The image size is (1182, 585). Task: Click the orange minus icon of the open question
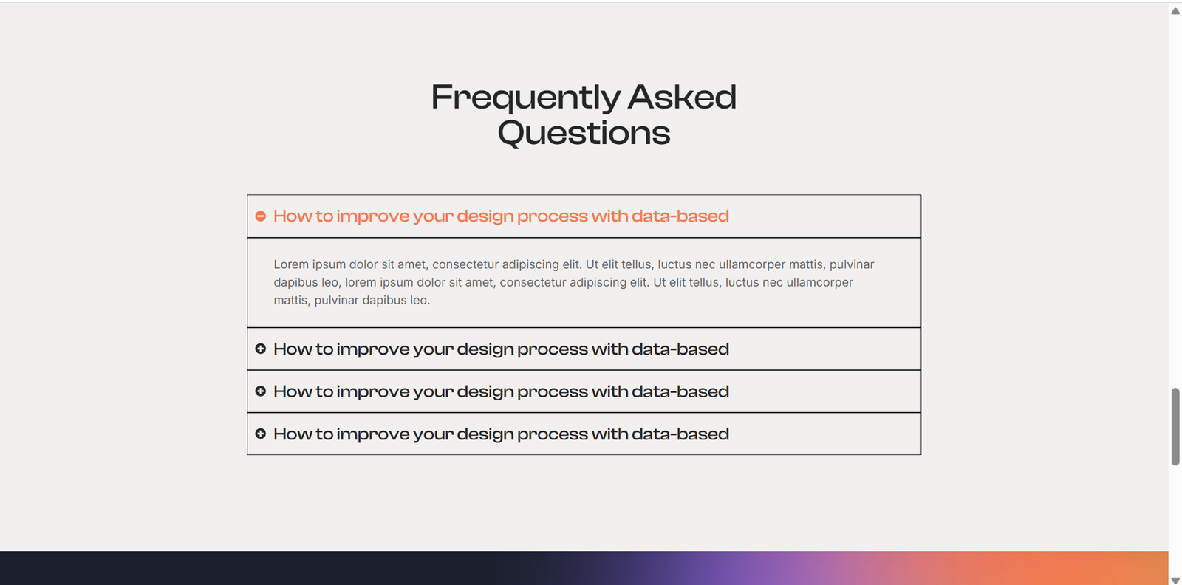click(x=260, y=216)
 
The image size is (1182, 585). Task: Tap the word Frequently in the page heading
click(x=525, y=98)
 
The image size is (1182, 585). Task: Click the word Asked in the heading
click(x=682, y=97)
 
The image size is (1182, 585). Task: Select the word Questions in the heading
click(x=584, y=132)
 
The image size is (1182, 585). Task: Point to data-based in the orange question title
click(x=680, y=216)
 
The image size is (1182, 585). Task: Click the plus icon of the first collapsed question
click(x=260, y=349)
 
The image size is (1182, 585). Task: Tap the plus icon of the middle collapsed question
click(x=260, y=391)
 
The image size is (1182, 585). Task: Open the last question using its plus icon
click(x=260, y=434)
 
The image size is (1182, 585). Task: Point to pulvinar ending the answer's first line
click(x=852, y=265)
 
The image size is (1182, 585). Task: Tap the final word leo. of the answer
click(x=420, y=300)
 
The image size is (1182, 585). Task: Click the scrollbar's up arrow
click(x=1175, y=11)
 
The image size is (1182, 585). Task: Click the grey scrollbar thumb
click(x=1175, y=427)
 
